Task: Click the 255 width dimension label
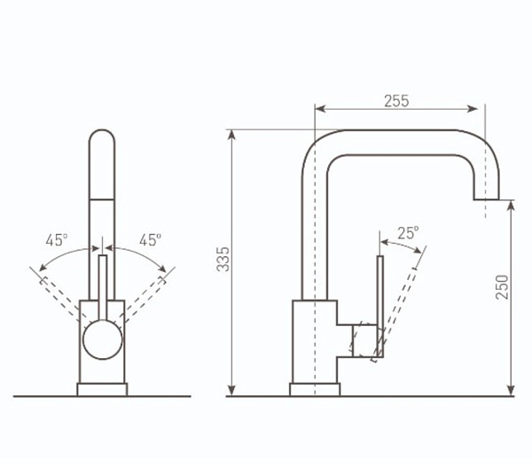[396, 101]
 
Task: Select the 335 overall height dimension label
[223, 260]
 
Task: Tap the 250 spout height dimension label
[502, 287]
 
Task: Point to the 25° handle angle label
[408, 233]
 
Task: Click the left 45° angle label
[57, 240]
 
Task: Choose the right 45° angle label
[150, 240]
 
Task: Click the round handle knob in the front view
[103, 339]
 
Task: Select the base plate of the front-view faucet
[102, 390]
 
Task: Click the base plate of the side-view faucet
[315, 390]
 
